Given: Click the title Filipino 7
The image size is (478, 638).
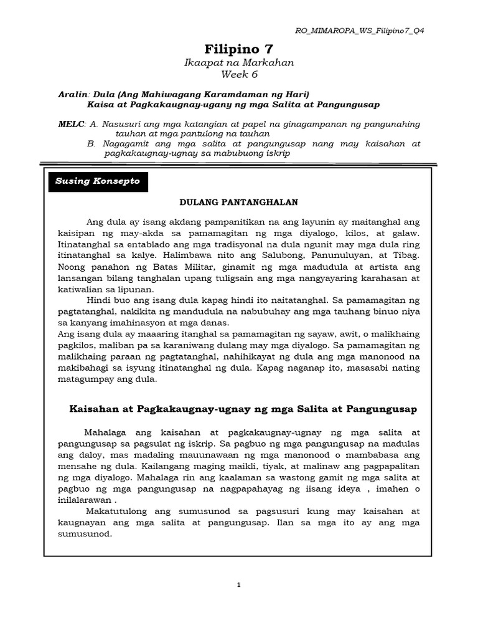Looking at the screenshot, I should (x=238, y=49).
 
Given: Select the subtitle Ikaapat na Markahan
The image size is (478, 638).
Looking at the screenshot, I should (x=239, y=63).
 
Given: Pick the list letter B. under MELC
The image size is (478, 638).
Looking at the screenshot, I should (x=92, y=143).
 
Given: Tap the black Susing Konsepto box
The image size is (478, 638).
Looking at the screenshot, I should (x=98, y=181).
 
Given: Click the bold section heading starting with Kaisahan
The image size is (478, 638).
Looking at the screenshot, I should (x=241, y=409).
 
